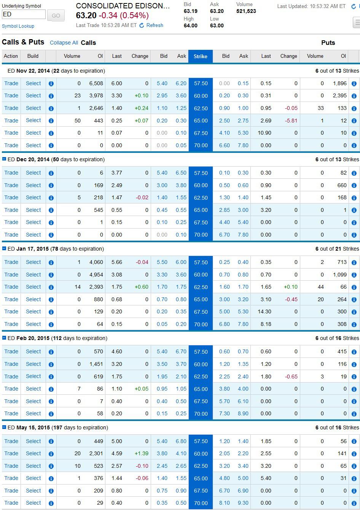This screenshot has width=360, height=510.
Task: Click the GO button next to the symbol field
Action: click(56, 16)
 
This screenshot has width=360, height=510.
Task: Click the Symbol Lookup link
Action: click(18, 26)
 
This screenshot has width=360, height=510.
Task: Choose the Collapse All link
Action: click(64, 43)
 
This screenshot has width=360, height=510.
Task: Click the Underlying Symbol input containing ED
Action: click(24, 14)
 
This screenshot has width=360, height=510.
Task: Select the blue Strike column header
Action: click(201, 56)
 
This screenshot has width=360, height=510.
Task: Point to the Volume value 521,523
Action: click(246, 11)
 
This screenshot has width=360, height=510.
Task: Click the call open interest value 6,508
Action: click(96, 83)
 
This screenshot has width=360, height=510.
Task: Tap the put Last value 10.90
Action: click(264, 133)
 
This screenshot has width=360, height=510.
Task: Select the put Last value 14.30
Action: click(264, 311)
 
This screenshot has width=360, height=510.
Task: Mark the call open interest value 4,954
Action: click(96, 275)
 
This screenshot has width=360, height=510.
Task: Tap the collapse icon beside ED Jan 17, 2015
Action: click(4, 249)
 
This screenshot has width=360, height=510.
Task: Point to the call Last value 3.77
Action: click(116, 173)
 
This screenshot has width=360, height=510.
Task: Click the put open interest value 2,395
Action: click(339, 95)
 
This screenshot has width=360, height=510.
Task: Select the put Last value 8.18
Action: click(266, 324)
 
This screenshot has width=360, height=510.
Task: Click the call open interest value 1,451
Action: click(96, 364)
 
